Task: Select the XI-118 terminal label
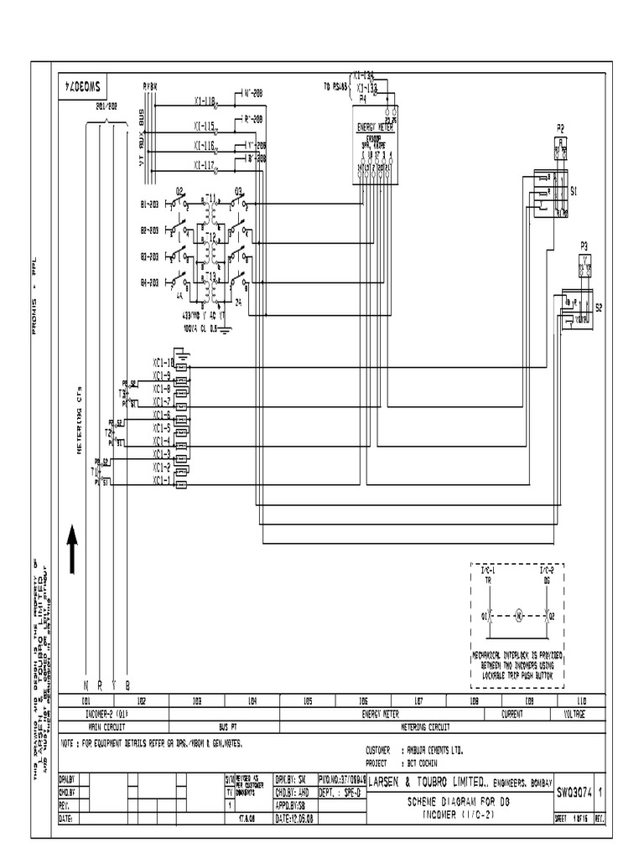tap(204, 101)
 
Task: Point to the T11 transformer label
tap(211, 199)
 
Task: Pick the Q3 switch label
tap(238, 191)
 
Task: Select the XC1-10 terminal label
tap(163, 363)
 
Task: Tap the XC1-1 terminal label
tap(161, 481)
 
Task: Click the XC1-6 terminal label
tap(162, 416)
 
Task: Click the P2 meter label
tap(561, 127)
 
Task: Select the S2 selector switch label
tap(599, 308)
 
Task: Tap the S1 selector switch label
tap(574, 192)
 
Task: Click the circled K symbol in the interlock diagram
tap(518, 616)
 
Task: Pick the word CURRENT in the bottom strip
tap(512, 715)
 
